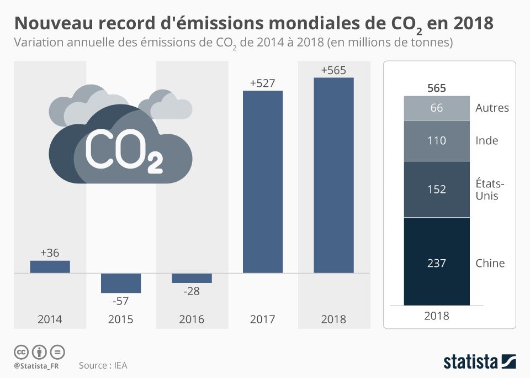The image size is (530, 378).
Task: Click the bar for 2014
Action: coord(50,266)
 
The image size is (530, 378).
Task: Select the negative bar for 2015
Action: coord(121,283)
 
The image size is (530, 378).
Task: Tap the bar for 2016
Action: coord(192,278)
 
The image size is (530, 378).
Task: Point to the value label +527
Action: coord(263,83)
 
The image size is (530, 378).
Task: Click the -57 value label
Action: coord(121,301)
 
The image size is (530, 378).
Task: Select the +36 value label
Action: coord(50,253)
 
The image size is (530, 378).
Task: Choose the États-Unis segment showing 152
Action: coord(437,189)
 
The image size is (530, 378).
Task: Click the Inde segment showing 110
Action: coord(437,141)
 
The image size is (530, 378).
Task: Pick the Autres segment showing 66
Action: coord(437,108)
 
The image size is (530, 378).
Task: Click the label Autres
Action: coord(492,108)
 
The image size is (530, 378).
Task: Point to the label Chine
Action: coord(490,263)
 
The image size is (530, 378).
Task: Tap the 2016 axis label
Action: coord(192,319)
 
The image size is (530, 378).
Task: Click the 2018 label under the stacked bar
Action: coord(437,317)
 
